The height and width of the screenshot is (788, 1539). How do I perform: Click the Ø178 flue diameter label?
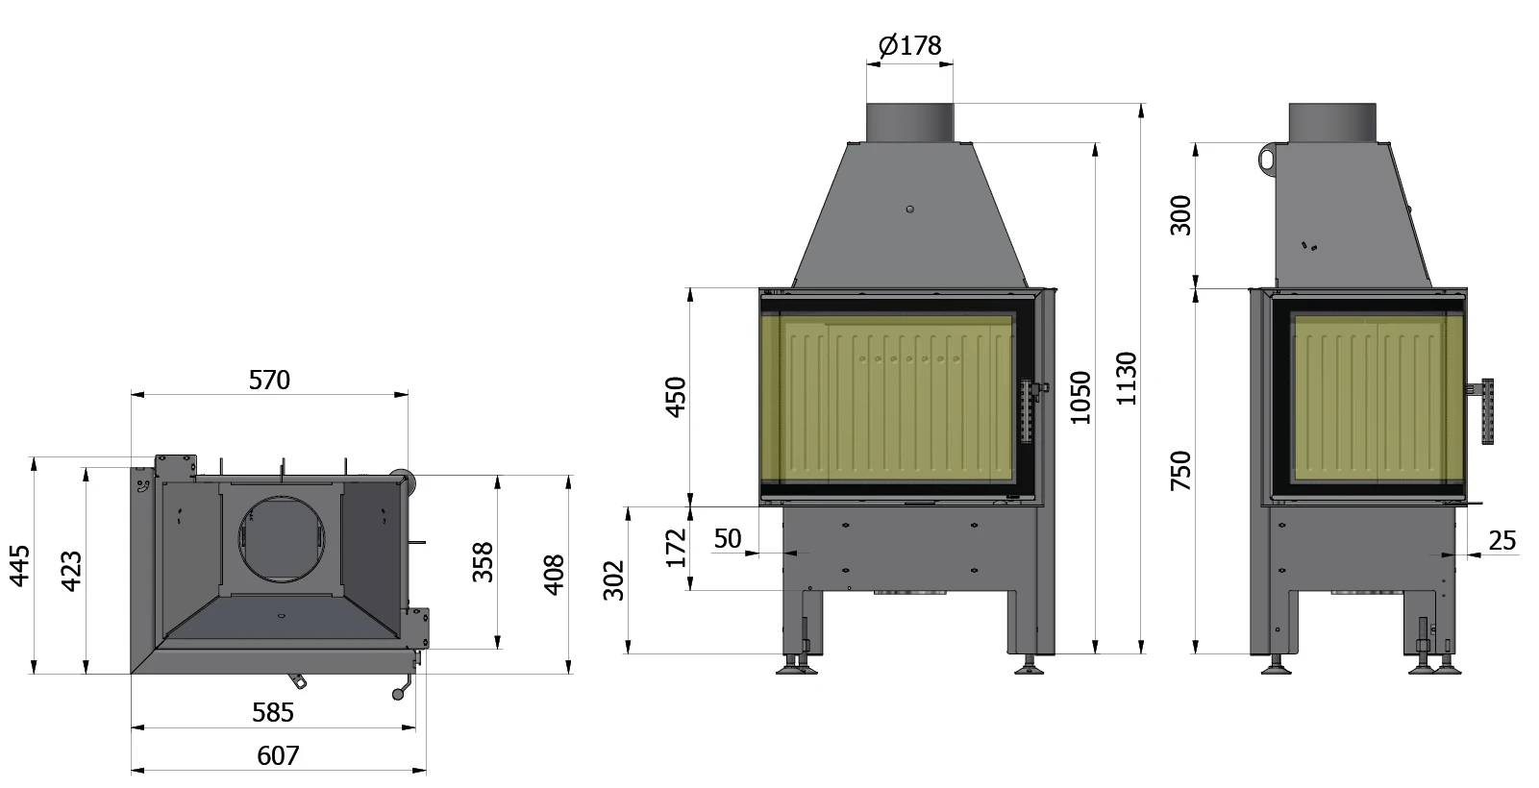click(909, 45)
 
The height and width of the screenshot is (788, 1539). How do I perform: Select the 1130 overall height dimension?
click(1127, 379)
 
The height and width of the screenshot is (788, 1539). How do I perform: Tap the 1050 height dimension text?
click(1080, 397)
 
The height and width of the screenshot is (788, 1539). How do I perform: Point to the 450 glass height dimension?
click(676, 397)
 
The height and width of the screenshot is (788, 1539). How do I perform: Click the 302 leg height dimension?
click(613, 580)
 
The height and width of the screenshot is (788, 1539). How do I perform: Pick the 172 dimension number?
click(676, 548)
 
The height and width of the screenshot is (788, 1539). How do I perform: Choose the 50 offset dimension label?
click(728, 538)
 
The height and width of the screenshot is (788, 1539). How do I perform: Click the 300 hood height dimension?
click(1180, 215)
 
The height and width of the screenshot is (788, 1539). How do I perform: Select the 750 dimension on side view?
click(1180, 471)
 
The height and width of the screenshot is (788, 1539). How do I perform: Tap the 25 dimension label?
click(1502, 541)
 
